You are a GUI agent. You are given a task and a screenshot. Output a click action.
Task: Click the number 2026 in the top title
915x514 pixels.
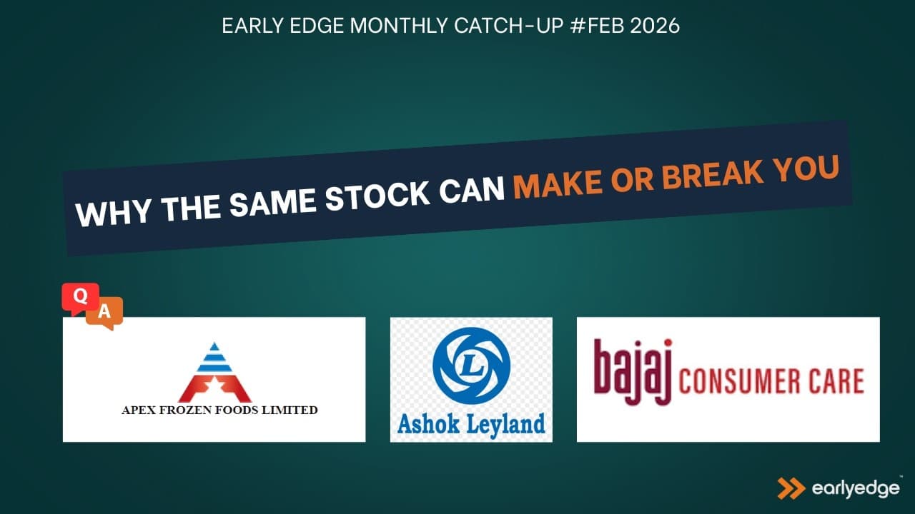pos(655,25)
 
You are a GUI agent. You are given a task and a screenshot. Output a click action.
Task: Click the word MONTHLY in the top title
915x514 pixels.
pos(399,25)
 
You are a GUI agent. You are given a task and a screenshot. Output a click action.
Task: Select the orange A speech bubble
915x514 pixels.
pos(105,313)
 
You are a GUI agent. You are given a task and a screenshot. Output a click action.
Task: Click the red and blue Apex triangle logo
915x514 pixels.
pos(214,372)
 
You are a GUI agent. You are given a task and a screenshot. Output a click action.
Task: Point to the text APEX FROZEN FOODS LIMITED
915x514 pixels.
pos(219,410)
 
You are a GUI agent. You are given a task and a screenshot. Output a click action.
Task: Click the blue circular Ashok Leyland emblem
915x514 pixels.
pos(471,366)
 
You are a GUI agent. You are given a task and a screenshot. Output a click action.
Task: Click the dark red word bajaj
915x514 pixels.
pos(633,371)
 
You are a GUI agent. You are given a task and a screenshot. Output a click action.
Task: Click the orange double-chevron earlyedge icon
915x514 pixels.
pos(791,488)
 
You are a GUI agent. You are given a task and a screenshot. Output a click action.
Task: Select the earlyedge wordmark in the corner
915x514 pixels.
pos(856,489)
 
